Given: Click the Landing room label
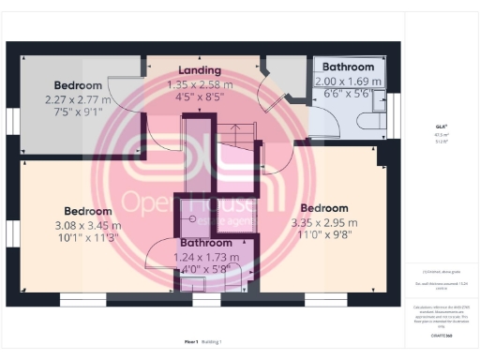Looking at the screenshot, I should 200,70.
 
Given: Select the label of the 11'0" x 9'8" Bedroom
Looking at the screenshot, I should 323,208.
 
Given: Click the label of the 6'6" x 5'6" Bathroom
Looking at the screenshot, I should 348,67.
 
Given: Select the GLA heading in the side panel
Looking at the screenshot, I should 441,126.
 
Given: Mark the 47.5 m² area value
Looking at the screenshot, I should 441,134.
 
